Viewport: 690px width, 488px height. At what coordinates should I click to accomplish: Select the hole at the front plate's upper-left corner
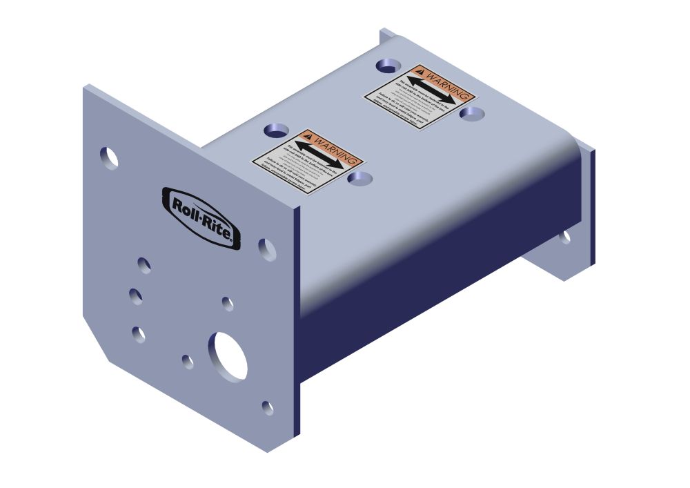point(108,158)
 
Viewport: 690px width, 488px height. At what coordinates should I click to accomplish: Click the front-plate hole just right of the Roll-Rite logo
point(267,249)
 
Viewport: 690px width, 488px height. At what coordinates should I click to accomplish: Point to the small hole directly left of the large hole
point(188,360)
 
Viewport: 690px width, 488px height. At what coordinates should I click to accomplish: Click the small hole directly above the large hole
point(228,303)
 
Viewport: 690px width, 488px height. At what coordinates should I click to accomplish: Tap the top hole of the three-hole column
point(144,264)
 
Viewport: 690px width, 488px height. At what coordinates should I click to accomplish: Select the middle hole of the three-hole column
point(136,297)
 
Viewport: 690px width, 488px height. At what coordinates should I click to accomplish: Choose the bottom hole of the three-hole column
point(139,334)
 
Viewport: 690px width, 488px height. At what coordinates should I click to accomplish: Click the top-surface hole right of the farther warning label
point(472,113)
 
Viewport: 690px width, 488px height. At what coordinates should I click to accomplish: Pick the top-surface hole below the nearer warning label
point(359,179)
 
